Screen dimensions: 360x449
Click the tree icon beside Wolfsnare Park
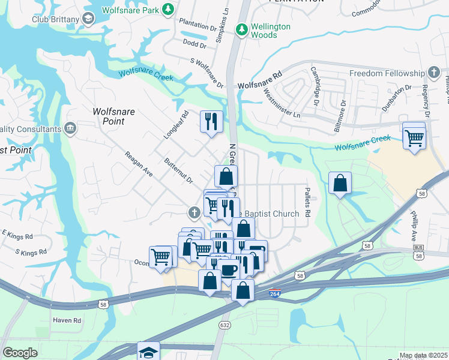(169, 9)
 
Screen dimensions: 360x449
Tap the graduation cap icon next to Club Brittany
(88, 19)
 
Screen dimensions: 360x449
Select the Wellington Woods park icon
(242, 28)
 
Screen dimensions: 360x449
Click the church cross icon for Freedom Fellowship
(433, 73)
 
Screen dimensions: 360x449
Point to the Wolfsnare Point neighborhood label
(109, 116)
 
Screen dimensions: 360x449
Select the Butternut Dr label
(178, 171)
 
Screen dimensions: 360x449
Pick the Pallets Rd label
(307, 205)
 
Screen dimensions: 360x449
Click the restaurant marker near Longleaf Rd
(211, 122)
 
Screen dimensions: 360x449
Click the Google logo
(20, 353)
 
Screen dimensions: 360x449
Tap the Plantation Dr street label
(197, 28)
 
